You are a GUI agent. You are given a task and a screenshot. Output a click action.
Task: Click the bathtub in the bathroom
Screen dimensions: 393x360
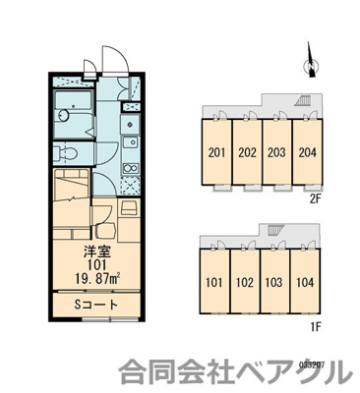click(71, 108)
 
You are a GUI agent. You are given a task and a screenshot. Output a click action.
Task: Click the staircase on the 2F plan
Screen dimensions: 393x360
click(306, 102)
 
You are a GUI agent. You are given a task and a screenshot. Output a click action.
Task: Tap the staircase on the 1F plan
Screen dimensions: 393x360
click(271, 232)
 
